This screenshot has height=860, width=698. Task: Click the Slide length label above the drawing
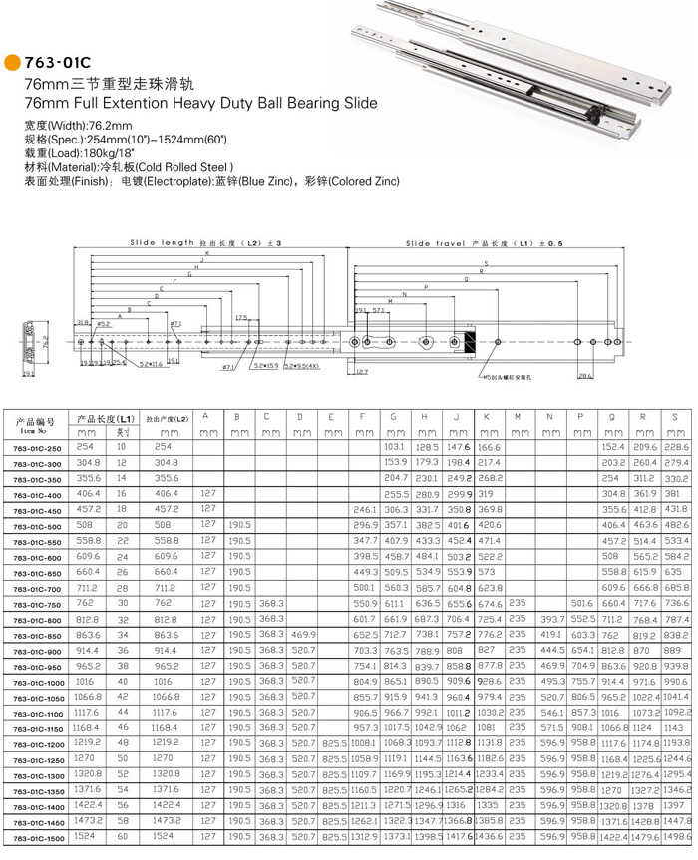coord(163,243)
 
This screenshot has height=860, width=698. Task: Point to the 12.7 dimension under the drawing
coord(362,371)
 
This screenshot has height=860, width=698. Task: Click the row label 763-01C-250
coord(34,448)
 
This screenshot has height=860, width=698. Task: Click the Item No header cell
coord(33,427)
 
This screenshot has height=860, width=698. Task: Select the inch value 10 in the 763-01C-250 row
coord(122,448)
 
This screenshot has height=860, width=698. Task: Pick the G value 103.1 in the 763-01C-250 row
coord(396,448)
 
